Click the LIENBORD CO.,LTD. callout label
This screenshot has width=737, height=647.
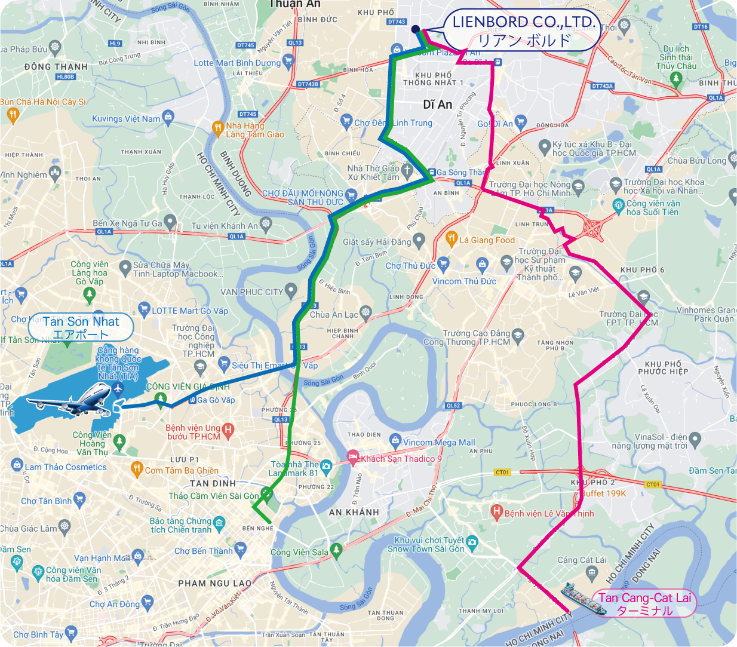pos(521,30)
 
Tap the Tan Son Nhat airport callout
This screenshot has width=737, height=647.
pos(81,328)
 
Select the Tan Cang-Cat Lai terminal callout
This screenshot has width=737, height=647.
pos(644,604)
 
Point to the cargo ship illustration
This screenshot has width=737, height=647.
pos(582,599)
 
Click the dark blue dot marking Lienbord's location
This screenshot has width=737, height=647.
pos(415,29)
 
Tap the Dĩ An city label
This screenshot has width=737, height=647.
pos(437,105)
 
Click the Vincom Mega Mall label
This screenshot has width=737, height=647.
pos(439,443)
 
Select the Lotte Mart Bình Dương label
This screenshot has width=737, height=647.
pos(237,63)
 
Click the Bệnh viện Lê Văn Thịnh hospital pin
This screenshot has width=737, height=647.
pos(496,511)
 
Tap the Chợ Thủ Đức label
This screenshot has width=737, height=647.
pos(410,266)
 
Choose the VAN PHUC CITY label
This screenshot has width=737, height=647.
pos(251,292)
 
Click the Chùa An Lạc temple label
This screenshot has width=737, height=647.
pos(334,315)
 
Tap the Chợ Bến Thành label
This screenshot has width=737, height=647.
pos(203,551)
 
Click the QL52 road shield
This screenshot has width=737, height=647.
pos(453,406)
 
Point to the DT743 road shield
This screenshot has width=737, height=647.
pos(397,22)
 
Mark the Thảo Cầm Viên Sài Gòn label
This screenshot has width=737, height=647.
pos(213,496)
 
